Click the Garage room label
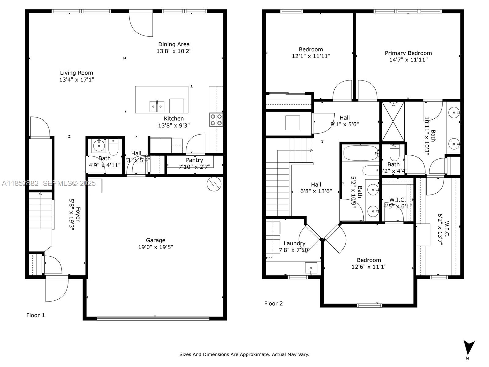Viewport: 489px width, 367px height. pos(156,240)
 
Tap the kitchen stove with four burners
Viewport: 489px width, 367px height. pos(216,120)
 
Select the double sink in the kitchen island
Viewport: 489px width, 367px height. pos(157,106)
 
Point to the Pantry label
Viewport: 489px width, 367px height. pos(194,160)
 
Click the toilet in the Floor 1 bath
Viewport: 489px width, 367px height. pos(113,147)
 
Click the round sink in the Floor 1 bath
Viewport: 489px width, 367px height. pos(99,146)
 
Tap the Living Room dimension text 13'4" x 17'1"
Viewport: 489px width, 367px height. pos(76,80)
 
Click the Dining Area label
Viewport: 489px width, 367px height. pos(174,44)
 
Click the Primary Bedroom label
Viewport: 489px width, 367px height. pos(408,53)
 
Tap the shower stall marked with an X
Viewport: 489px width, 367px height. pos(393,121)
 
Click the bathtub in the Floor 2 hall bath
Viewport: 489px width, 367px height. pos(361,153)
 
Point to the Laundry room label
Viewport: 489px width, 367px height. pos(294,243)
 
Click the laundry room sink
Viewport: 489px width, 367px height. pos(311,268)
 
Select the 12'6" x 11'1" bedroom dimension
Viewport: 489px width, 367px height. pos(369,267)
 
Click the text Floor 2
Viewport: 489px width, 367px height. pos(273,303)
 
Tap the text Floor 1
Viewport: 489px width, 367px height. pos(35,315)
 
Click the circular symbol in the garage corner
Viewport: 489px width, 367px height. pos(214,184)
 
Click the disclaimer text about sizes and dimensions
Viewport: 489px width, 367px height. pos(244,354)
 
